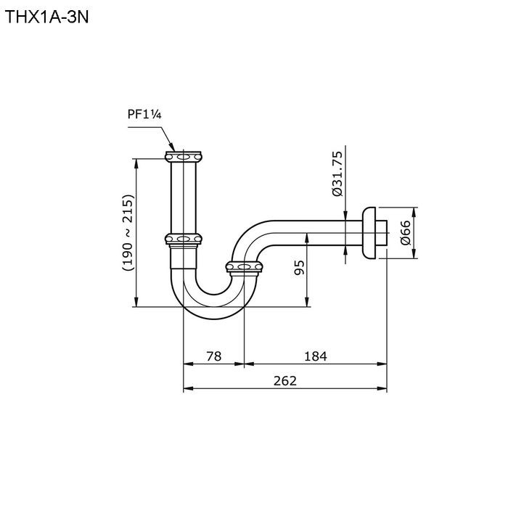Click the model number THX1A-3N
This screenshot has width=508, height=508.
click(47, 17)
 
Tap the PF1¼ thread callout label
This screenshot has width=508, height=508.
click(144, 115)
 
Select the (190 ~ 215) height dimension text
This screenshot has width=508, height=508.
click(128, 233)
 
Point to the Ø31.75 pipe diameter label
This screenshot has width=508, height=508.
click(337, 173)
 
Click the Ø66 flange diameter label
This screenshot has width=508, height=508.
click(405, 233)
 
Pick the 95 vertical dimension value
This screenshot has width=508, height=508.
click(299, 268)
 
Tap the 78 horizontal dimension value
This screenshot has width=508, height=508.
click(214, 356)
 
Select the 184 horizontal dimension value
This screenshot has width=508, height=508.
click(316, 356)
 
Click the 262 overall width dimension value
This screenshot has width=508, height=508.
click(285, 381)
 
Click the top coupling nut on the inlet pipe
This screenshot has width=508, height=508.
click(184, 157)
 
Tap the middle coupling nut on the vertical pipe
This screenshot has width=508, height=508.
click(184, 239)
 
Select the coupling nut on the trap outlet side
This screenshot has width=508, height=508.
click(244, 267)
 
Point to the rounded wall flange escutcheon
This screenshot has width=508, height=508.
click(369, 233)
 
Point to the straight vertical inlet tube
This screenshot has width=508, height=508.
click(184, 197)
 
